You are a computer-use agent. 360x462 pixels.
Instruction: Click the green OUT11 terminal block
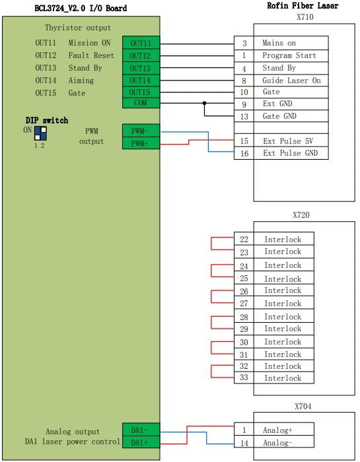pyautogui.click(x=141, y=43)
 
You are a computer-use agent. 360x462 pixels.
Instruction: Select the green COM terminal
pyautogui.click(x=141, y=103)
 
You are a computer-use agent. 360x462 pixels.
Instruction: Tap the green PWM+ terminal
pyautogui.click(x=141, y=143)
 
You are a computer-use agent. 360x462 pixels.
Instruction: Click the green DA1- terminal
pyautogui.click(x=141, y=430)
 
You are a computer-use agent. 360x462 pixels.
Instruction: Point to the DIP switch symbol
pyautogui.click(x=40, y=133)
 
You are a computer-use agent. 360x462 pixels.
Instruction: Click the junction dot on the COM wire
pyautogui.click(x=204, y=103)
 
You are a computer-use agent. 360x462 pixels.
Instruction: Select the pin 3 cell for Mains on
pyautogui.click(x=244, y=43)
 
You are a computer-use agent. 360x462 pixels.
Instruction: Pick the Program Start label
pyautogui.click(x=289, y=55)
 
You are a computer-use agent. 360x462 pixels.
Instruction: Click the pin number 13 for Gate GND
pyautogui.click(x=244, y=116)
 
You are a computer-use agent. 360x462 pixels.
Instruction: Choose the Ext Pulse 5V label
pyautogui.click(x=288, y=141)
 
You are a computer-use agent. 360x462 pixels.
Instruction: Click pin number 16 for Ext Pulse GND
pyautogui.click(x=244, y=153)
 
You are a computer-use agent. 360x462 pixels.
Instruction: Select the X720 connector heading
pyautogui.click(x=301, y=214)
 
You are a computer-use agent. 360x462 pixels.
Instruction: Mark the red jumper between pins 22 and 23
pyautogui.click(x=211, y=244)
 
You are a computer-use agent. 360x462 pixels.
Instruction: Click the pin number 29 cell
pyautogui.click(x=244, y=329)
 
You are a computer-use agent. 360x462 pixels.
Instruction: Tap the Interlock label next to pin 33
pyautogui.click(x=283, y=378)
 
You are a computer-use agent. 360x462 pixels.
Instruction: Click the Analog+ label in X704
pyautogui.click(x=277, y=430)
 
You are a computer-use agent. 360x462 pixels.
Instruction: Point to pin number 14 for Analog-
pyautogui.click(x=244, y=443)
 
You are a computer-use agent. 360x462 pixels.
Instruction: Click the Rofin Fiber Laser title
pyautogui.click(x=303, y=5)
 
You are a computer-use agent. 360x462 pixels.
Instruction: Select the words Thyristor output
pyautogui.click(x=78, y=28)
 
